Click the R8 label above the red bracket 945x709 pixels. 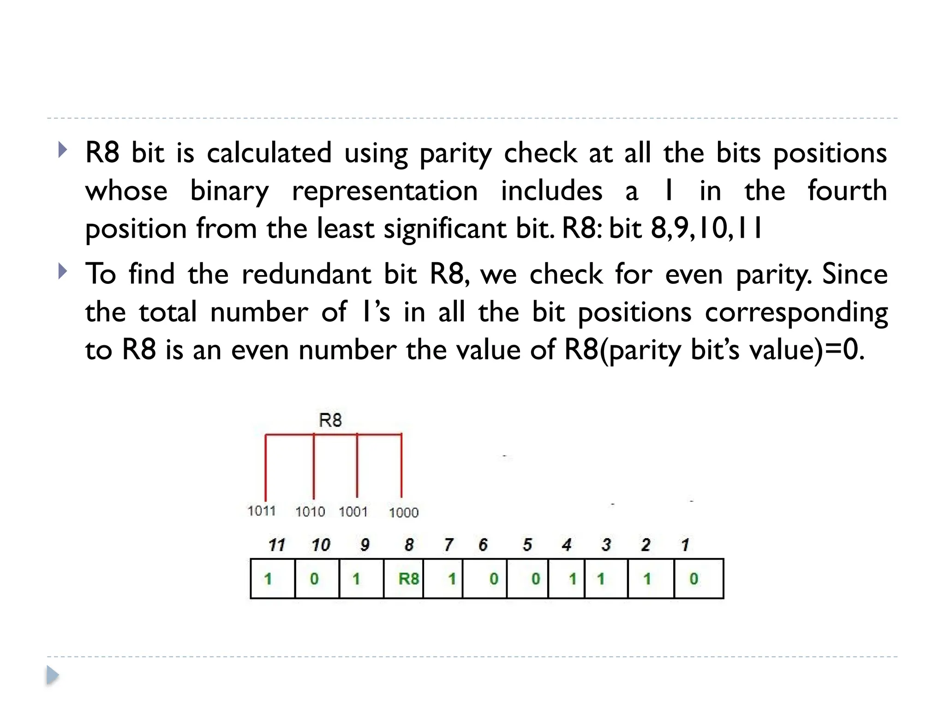point(330,420)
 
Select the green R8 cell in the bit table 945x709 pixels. point(408,578)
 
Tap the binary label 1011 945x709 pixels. point(262,511)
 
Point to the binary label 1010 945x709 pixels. point(310,511)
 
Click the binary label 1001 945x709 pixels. point(353,511)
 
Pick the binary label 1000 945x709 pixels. point(403,512)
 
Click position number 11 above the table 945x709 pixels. point(276,545)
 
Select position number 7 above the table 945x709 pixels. point(448,545)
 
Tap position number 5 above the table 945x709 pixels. point(527,545)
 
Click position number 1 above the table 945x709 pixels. point(685,545)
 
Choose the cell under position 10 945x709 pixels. point(317,578)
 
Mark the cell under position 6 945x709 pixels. point(484,578)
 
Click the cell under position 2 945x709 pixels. point(651,578)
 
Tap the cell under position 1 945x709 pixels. point(698,578)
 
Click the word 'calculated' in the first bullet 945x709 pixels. point(269,153)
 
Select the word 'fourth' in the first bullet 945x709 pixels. point(847,191)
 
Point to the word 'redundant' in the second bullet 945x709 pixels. point(306,274)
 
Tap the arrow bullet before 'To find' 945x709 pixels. point(63,271)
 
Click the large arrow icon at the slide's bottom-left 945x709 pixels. point(53,676)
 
